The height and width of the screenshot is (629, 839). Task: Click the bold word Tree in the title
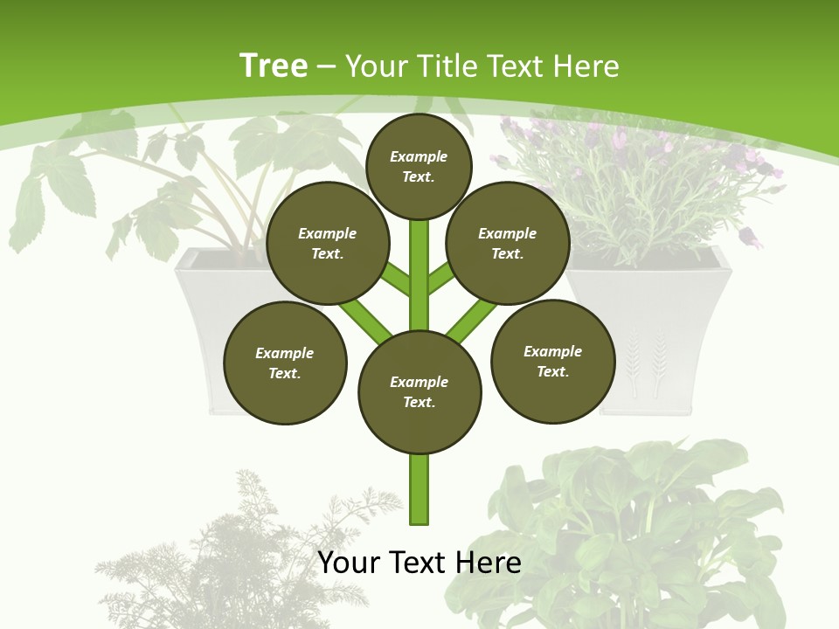click(274, 66)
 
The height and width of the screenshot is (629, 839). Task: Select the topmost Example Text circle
click(419, 166)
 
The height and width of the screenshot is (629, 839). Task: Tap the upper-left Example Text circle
click(328, 243)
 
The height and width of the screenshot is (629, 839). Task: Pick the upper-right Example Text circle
click(508, 243)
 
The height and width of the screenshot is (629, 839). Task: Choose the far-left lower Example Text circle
click(285, 363)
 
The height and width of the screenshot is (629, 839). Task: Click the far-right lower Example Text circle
click(552, 361)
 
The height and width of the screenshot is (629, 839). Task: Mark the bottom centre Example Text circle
click(419, 391)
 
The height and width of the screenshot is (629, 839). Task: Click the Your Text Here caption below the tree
click(419, 562)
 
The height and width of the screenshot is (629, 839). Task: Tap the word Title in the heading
click(447, 66)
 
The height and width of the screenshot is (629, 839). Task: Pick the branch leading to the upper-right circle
click(442, 279)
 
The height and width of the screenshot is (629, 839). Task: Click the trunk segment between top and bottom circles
click(419, 271)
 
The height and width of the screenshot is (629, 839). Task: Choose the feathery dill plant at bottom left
click(236, 550)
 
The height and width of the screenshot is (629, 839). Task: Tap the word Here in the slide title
click(585, 66)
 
